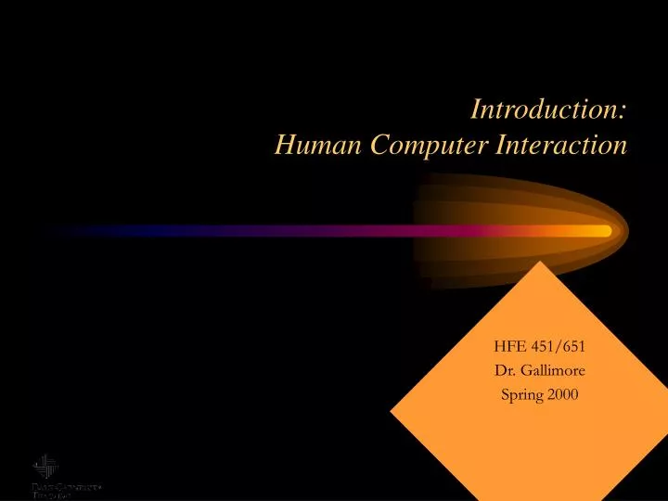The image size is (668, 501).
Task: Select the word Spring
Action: [x=521, y=394]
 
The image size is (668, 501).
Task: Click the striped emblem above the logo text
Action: [x=45, y=466]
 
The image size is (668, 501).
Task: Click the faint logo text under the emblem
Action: [x=66, y=489]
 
